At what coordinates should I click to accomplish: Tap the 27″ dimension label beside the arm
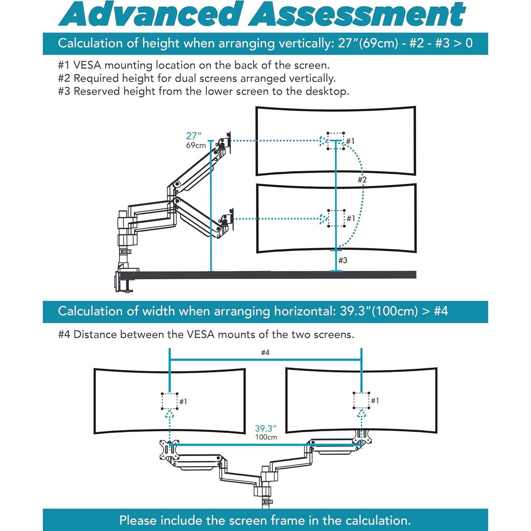(x=194, y=136)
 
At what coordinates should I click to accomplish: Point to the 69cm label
(x=196, y=145)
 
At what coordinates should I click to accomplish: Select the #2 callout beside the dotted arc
(x=362, y=180)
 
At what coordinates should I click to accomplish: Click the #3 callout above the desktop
(x=343, y=261)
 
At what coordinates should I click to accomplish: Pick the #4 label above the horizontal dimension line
(x=265, y=353)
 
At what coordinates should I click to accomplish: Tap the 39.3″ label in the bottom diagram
(x=265, y=429)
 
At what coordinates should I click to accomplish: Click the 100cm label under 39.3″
(x=266, y=437)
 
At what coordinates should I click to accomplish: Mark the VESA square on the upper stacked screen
(x=336, y=141)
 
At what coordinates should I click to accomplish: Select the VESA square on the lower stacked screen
(x=336, y=218)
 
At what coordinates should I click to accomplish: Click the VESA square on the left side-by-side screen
(x=170, y=401)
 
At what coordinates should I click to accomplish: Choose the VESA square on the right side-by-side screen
(x=361, y=400)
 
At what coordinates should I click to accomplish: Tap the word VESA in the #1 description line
(x=87, y=65)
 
